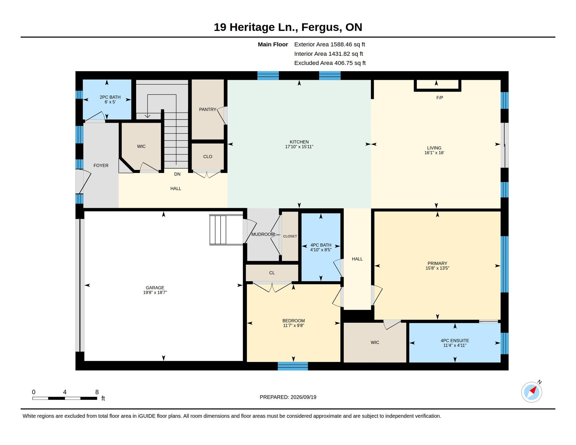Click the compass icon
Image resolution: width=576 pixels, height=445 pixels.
click(x=532, y=392)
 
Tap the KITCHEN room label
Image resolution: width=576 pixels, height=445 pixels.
click(x=299, y=142)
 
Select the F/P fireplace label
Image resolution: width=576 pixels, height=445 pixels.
click(x=440, y=98)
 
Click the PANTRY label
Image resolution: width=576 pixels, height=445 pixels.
click(x=208, y=109)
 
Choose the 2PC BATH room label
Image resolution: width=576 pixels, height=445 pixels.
click(x=110, y=97)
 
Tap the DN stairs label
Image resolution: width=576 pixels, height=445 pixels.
click(x=177, y=174)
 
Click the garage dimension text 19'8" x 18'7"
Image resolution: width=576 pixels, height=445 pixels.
click(x=155, y=293)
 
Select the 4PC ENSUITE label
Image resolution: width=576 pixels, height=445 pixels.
click(x=455, y=341)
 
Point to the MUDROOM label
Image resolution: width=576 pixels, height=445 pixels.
click(x=263, y=234)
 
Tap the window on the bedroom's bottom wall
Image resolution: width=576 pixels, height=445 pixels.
click(x=293, y=366)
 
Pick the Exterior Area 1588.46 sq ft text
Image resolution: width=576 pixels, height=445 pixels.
click(x=330, y=44)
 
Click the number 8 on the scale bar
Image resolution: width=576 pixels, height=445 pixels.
click(x=97, y=392)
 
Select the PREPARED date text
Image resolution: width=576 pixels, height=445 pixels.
click(x=288, y=397)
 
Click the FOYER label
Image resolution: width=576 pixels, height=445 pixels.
click(x=101, y=166)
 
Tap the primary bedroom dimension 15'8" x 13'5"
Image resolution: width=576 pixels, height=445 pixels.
click(x=437, y=268)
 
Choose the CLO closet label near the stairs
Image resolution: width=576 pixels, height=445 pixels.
click(x=208, y=157)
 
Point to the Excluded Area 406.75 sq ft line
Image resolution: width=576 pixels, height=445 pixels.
click(x=330, y=63)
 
